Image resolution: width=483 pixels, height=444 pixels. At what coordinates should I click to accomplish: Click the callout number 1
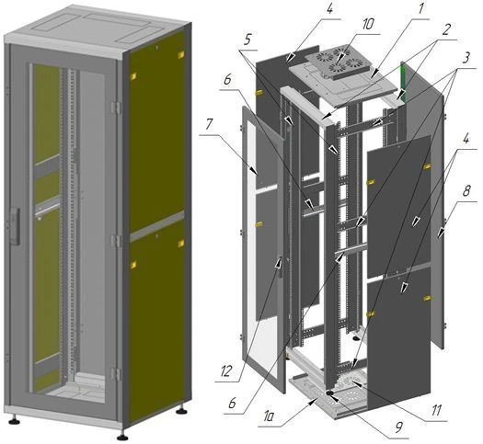tap(420, 9)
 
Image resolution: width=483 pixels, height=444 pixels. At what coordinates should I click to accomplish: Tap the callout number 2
tap(445, 29)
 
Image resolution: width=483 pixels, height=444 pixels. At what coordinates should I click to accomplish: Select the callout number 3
tap(466, 58)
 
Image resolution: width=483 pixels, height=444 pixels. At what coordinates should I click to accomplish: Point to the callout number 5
tap(248, 40)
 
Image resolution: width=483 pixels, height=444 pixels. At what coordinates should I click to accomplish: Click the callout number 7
tap(209, 125)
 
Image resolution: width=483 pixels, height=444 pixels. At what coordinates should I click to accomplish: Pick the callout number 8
tap(466, 191)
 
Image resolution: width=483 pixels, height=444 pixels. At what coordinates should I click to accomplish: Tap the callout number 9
tap(398, 427)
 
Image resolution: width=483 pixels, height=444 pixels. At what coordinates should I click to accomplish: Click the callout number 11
tap(436, 411)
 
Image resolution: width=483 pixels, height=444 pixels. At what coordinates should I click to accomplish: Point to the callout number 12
tap(225, 371)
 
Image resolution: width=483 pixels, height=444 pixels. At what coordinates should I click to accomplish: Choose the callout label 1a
tap(269, 417)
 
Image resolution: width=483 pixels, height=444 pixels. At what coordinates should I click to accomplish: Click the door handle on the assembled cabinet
tap(15, 226)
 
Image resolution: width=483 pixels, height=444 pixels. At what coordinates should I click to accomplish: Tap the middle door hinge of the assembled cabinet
tap(116, 241)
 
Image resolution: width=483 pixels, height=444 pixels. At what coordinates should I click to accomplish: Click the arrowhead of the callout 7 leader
tap(255, 170)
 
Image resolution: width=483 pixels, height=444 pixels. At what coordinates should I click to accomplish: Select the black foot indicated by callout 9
tap(330, 393)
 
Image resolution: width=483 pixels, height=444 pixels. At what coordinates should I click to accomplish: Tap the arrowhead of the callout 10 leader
tap(340, 60)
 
